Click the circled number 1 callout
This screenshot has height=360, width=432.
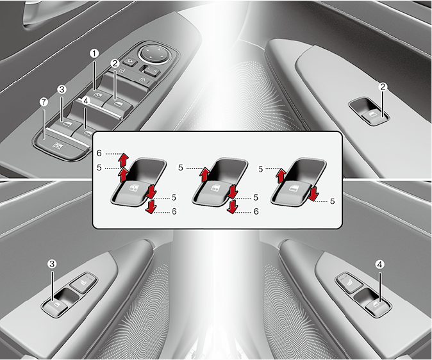click(x=94, y=54)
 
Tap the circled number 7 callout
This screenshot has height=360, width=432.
click(x=44, y=102)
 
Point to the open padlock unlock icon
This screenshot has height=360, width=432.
click(x=122, y=71)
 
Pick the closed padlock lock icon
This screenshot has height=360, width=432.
click(x=142, y=79)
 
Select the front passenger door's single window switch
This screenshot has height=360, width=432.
click(x=374, y=117)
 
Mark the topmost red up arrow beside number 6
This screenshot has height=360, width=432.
click(x=124, y=160)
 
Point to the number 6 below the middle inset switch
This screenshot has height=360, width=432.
click(x=256, y=211)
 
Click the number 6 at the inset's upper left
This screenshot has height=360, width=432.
click(x=99, y=153)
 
